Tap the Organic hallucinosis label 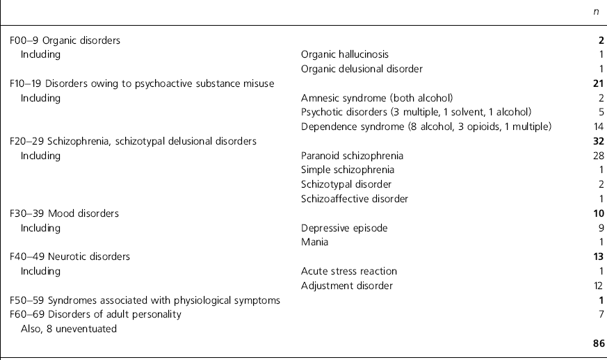click(344, 54)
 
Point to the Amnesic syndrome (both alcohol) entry click(377, 98)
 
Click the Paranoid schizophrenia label click(352, 156)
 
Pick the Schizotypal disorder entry click(346, 184)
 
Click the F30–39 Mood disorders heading click(64, 213)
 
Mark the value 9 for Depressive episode click(601, 228)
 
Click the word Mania click(314, 242)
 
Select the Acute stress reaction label click(348, 271)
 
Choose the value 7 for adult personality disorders click(601, 314)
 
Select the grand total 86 click(598, 343)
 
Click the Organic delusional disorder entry click(362, 69)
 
